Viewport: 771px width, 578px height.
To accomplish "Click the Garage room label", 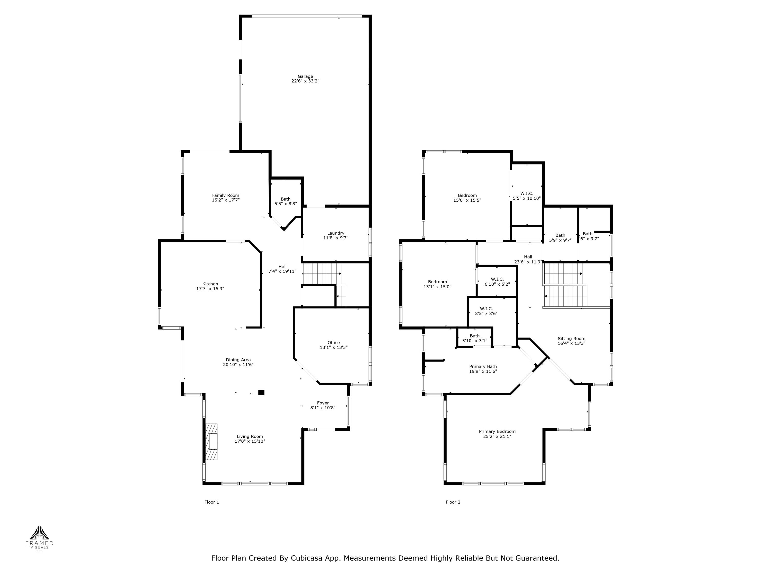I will pyautogui.click(x=305, y=76).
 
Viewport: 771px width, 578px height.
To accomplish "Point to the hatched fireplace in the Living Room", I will pyautogui.click(x=211, y=442).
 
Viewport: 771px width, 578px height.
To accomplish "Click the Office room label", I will pyautogui.click(x=333, y=342).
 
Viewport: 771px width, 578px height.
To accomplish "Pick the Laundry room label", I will pyautogui.click(x=335, y=233).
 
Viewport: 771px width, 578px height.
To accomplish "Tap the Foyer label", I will pyautogui.click(x=323, y=403).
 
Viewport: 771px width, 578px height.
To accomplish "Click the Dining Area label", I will pyautogui.click(x=238, y=360).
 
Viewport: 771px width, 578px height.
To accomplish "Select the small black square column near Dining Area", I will pyautogui.click(x=261, y=393).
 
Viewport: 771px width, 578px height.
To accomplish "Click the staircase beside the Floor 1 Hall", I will pyautogui.click(x=321, y=273).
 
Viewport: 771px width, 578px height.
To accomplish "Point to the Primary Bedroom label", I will pyautogui.click(x=497, y=431).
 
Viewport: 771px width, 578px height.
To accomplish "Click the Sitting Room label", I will pyautogui.click(x=571, y=338).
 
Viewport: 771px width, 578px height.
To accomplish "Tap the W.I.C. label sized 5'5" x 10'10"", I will pyautogui.click(x=527, y=193).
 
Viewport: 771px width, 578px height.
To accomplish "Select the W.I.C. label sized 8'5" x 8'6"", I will pyautogui.click(x=486, y=309).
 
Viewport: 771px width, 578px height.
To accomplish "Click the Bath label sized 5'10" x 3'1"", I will pyautogui.click(x=474, y=336).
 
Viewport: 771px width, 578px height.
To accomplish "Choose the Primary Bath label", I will pyautogui.click(x=483, y=367).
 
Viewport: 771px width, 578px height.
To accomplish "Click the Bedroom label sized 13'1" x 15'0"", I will pyautogui.click(x=437, y=282).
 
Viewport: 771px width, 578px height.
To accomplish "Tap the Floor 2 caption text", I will pyautogui.click(x=453, y=502).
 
